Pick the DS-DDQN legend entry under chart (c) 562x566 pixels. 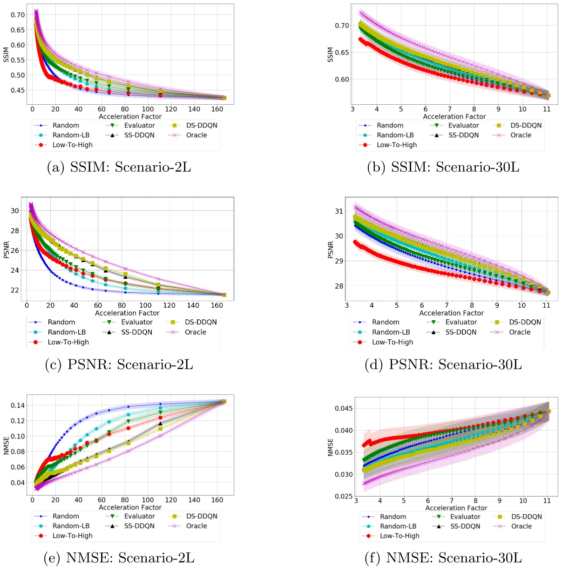click(x=200, y=322)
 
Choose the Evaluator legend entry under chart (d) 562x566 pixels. click(x=461, y=322)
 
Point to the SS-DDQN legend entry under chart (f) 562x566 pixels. click(x=466, y=526)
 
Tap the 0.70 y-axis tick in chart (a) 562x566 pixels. click(x=18, y=15)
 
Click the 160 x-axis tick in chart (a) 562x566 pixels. click(x=217, y=109)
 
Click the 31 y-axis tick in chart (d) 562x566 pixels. click(x=339, y=211)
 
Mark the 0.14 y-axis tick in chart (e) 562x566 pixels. click(x=18, y=405)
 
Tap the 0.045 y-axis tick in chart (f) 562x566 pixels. click(x=343, y=409)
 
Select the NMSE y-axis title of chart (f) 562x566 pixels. click(x=331, y=447)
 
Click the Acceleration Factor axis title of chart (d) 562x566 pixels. click(x=451, y=313)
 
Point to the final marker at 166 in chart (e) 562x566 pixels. click(x=224, y=401)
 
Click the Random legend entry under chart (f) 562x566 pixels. click(x=393, y=517)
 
